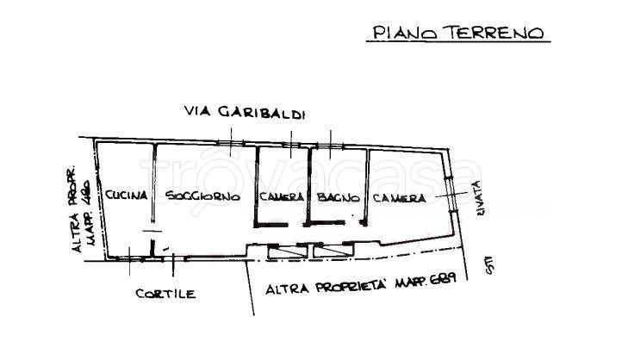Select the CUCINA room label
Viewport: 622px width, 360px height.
click(127, 196)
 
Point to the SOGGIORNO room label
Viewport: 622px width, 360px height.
click(203, 197)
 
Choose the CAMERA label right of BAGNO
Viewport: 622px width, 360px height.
click(399, 197)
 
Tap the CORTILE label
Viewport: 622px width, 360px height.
click(165, 294)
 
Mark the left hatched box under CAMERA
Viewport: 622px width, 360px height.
click(283, 250)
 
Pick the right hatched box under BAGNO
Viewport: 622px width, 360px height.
click(332, 250)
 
